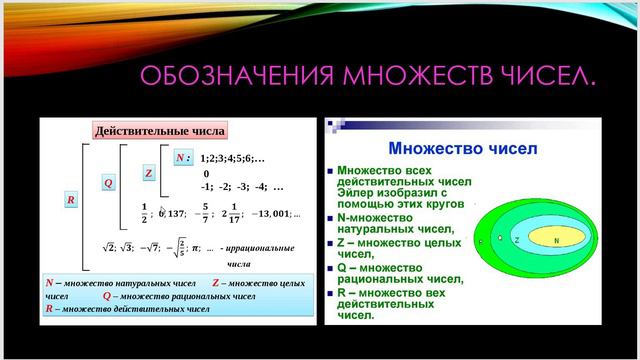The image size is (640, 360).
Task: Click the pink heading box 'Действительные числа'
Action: pos(159,131)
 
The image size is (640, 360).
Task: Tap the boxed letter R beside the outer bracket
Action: pos(71,200)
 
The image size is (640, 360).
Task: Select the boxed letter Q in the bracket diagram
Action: pos(108,184)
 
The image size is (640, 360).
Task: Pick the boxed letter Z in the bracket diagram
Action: pos(148,173)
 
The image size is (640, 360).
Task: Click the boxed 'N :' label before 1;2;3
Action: pos(181,158)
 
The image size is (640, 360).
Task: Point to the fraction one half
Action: pos(145,212)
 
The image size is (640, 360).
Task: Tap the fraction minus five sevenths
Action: pos(206,212)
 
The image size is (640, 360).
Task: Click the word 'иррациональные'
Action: pos(263,248)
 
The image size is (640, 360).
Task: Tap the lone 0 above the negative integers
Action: pos(206,173)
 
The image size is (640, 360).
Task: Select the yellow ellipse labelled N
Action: pos(556,240)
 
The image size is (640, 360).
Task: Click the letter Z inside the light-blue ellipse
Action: pos(517,240)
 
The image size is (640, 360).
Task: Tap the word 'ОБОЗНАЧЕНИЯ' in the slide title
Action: pos(234,76)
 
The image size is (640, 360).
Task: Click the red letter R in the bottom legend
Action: pos(49,310)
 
